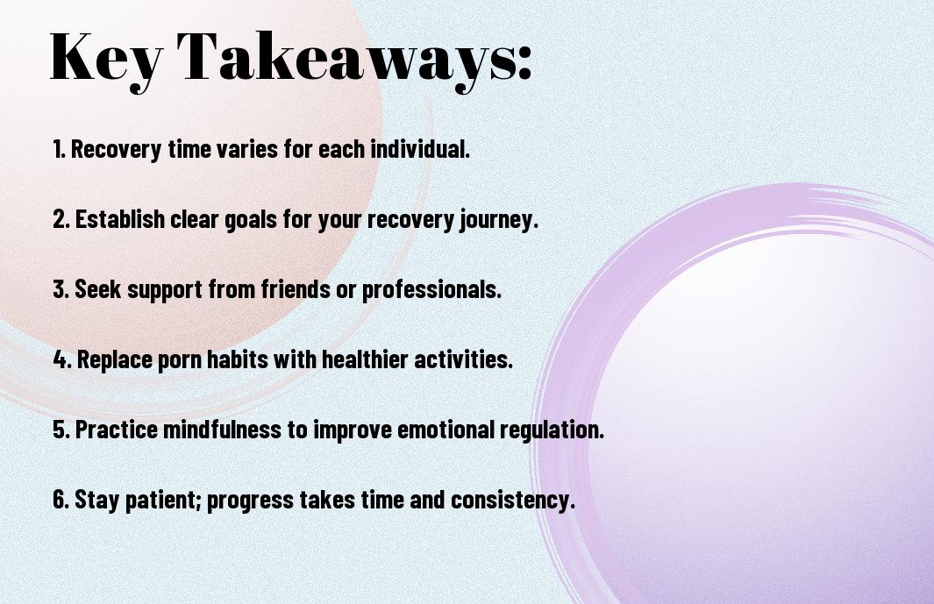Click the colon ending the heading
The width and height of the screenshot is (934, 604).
[524, 63]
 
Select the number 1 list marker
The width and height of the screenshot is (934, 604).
[59, 149]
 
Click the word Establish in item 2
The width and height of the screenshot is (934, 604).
[120, 219]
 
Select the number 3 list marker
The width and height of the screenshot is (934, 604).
[61, 289]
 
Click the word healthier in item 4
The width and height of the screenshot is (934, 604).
[365, 359]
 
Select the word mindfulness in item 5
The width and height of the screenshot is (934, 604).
[222, 430]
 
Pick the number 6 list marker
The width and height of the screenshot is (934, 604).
[61, 499]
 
